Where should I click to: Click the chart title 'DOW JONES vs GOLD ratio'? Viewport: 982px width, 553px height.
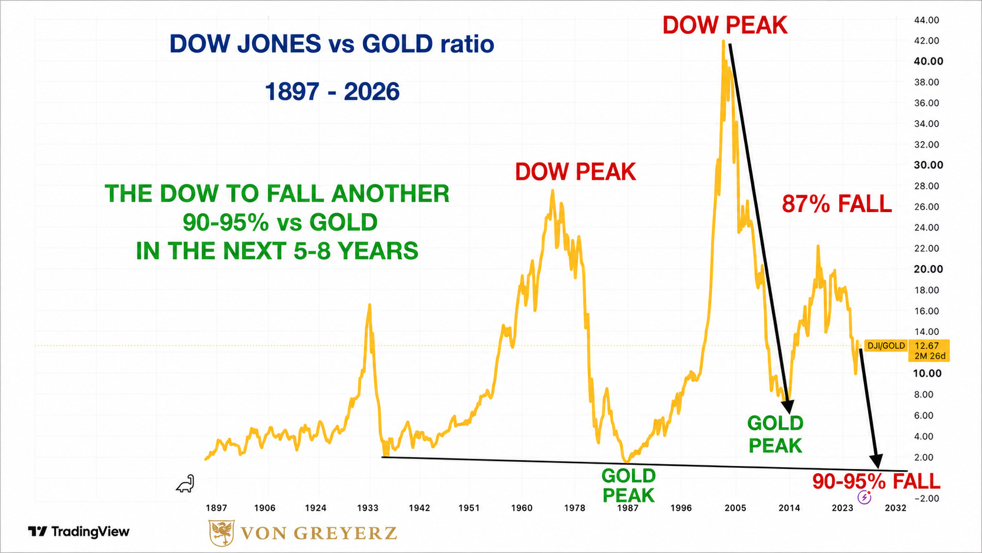pos(332,44)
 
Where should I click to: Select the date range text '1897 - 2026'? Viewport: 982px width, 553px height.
pos(332,92)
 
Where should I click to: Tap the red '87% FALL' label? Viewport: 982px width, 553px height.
pos(837,204)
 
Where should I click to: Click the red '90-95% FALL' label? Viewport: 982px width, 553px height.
pos(876,481)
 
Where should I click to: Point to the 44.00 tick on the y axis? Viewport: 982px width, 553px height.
pos(926,20)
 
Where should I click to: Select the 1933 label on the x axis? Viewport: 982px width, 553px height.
pos(368,508)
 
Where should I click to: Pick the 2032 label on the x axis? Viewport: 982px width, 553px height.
pos(895,508)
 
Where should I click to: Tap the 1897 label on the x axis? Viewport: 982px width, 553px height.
pos(216,508)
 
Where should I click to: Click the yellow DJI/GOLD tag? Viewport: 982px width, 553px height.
pos(886,346)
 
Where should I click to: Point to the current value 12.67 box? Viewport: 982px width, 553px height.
pos(929,350)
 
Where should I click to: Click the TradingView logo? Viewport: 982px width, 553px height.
pos(79,531)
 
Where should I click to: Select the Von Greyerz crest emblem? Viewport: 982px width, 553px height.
pos(221,533)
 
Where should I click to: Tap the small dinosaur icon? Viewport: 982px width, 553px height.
pos(186,484)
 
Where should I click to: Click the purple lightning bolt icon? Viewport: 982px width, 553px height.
pos(864,497)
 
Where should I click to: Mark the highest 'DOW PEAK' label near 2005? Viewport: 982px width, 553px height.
pos(725,25)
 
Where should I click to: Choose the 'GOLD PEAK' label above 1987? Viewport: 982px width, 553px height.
pos(628,485)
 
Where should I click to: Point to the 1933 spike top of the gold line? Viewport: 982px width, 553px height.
pos(369,304)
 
